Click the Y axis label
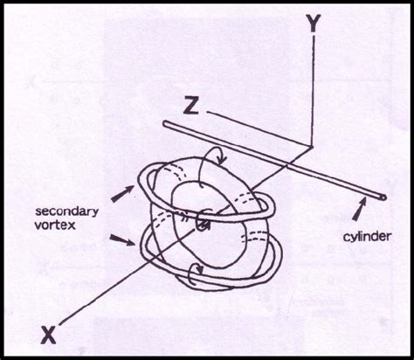pos(311,25)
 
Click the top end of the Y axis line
pos(311,42)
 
